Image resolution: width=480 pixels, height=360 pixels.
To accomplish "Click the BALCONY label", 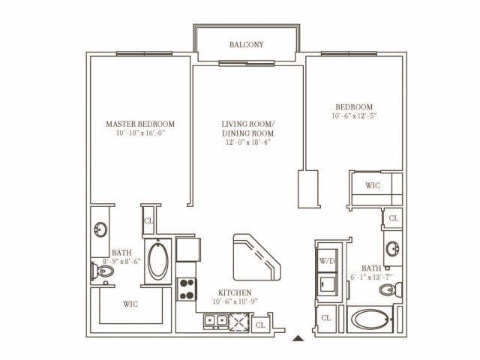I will pyautogui.click(x=247, y=44).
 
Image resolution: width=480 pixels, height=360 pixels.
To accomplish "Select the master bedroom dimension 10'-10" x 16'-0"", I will pyautogui.click(x=139, y=133).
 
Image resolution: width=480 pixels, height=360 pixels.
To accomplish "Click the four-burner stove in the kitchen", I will pyautogui.click(x=186, y=289).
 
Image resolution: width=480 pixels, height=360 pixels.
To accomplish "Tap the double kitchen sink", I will pyautogui.click(x=217, y=322).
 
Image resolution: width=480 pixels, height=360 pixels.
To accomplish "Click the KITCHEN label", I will pyautogui.click(x=234, y=292).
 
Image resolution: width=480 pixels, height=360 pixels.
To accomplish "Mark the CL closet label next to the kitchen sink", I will pyautogui.click(x=259, y=325).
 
